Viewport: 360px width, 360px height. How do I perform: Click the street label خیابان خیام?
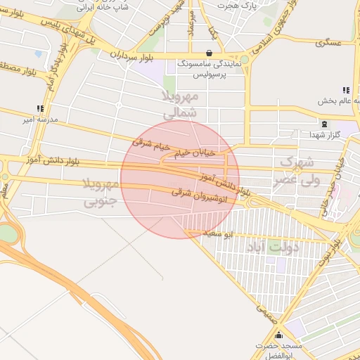pos(207,151)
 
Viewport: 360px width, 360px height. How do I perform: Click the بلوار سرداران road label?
pos(131,53)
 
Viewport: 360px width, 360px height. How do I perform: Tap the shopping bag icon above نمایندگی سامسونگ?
pos(209,53)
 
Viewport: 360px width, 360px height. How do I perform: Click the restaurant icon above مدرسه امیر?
pos(40,108)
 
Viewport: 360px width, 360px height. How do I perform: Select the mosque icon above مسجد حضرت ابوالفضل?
pos(279,335)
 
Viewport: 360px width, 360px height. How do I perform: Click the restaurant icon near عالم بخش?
pos(345,90)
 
